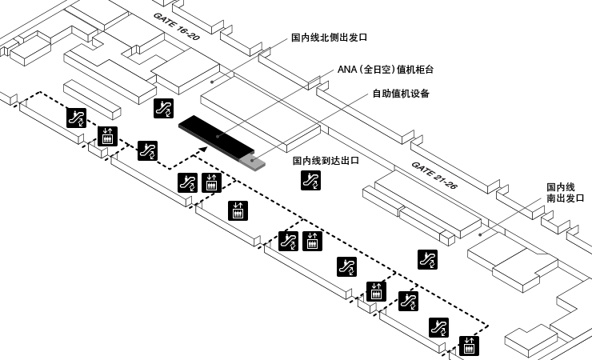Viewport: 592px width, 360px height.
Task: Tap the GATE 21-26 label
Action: (434, 174)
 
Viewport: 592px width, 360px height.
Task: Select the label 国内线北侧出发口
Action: (329, 37)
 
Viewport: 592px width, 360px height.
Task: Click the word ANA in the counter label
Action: (346, 70)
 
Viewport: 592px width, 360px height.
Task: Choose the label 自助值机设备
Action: (401, 94)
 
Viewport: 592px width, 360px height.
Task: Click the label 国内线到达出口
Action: (325, 161)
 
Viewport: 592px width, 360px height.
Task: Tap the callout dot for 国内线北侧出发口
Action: (211, 80)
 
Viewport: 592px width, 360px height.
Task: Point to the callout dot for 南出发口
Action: (478, 235)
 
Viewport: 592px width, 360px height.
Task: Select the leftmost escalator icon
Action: (77, 118)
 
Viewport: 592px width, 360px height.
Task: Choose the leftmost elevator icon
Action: (106, 136)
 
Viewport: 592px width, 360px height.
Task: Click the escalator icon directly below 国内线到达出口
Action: (310, 181)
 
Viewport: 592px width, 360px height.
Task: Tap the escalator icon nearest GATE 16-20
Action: (163, 109)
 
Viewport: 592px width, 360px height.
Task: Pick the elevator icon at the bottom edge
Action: (470, 346)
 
